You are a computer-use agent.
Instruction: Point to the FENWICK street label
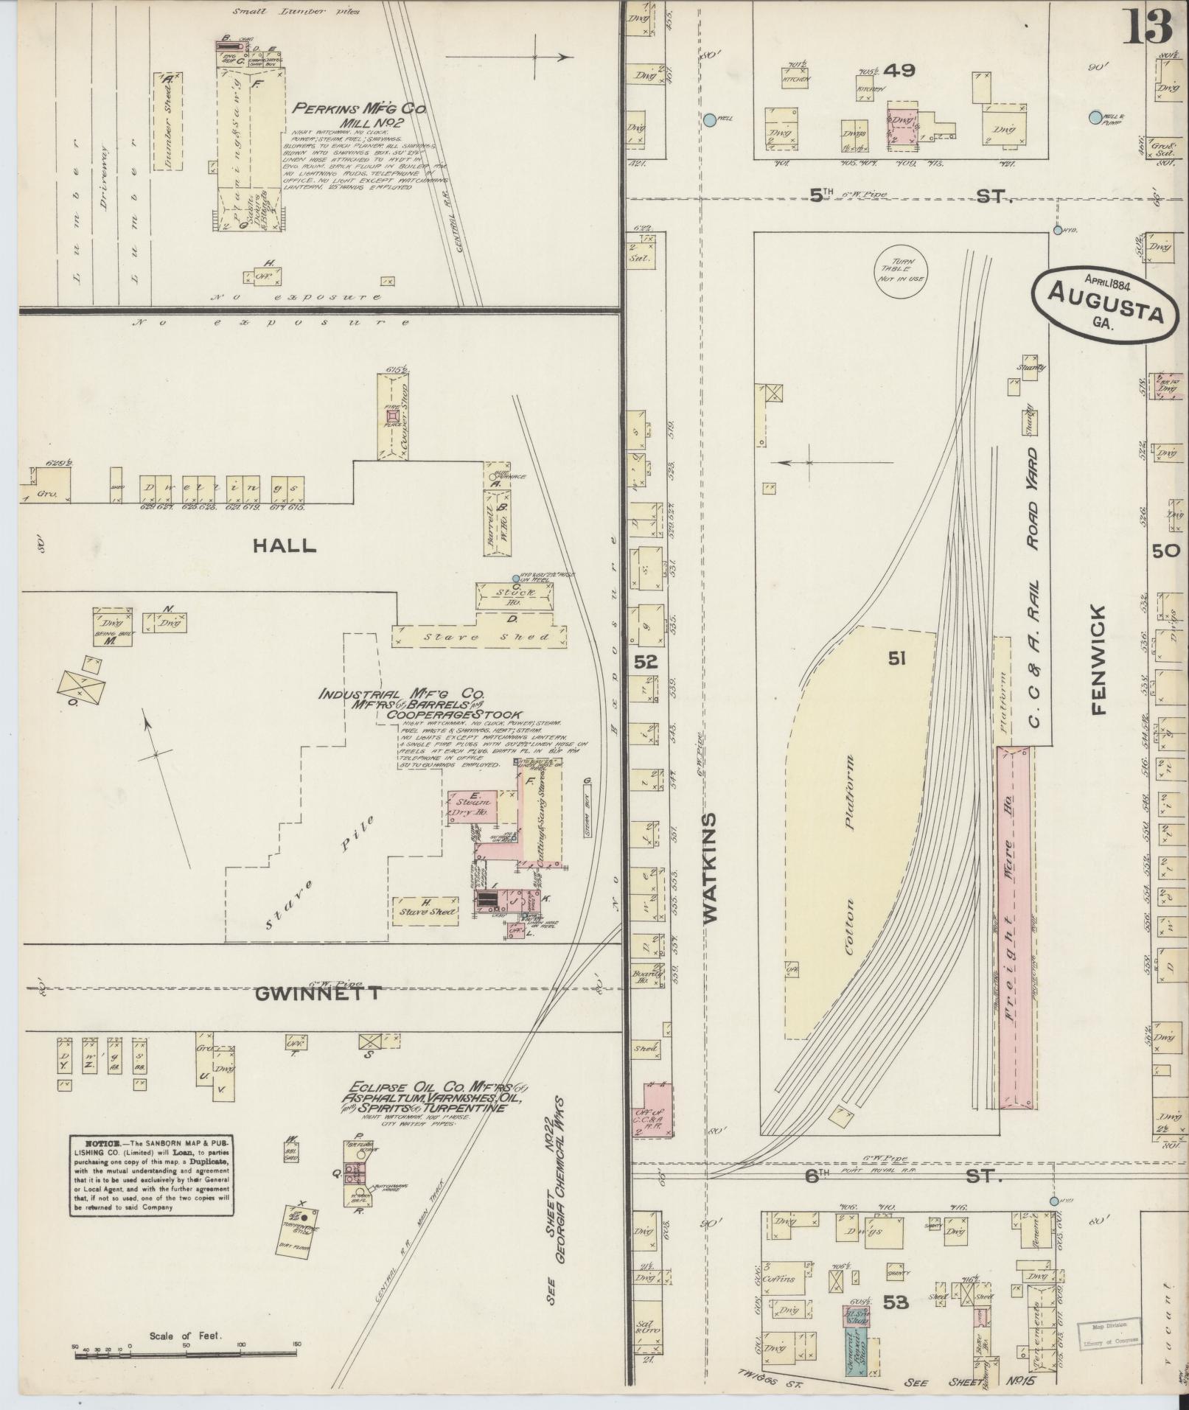click(1098, 660)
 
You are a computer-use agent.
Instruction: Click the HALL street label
click(284, 545)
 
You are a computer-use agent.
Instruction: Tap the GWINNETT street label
click(318, 993)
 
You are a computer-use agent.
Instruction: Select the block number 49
click(900, 70)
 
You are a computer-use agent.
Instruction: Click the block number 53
click(896, 1303)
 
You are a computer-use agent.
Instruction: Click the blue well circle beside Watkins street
click(709, 119)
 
